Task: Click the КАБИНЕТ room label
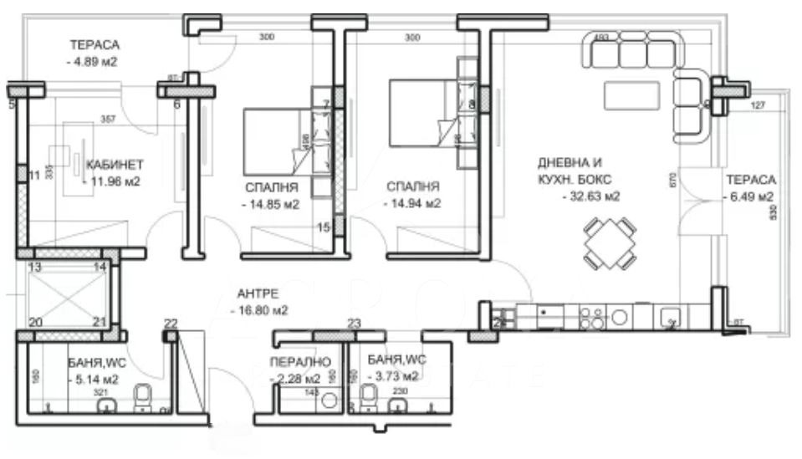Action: [x=115, y=164]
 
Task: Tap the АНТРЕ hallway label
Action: [x=258, y=293]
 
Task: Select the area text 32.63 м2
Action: [x=590, y=196]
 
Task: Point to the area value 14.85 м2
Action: [x=271, y=203]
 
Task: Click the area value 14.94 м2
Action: [x=412, y=203]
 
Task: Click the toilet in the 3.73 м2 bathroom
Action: [x=367, y=398]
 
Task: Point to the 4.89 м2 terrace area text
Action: [x=94, y=61]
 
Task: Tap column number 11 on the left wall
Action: [x=33, y=176]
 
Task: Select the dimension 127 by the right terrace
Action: [x=758, y=105]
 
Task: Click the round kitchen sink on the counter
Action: [x=620, y=316]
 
